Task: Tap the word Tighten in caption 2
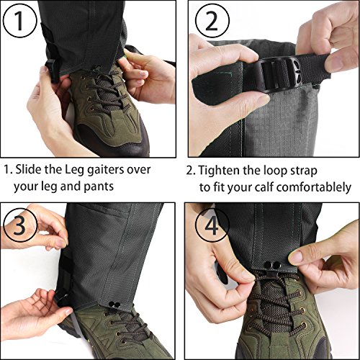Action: (x=222, y=171)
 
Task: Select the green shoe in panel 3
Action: (x=126, y=331)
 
